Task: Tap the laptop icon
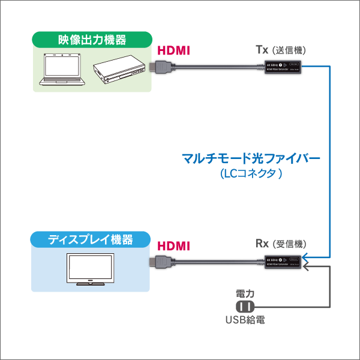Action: coord(63,69)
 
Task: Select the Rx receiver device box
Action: coord(283,261)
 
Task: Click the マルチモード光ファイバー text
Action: coord(251,160)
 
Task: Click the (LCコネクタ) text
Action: coord(251,174)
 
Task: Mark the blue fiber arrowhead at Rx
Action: coord(307,257)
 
